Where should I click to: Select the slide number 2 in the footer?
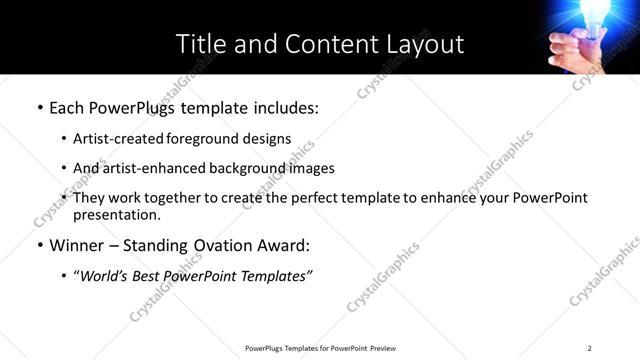click(x=590, y=348)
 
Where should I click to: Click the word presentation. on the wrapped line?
click(x=117, y=215)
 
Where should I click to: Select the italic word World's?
click(x=105, y=276)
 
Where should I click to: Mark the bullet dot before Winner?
click(x=40, y=246)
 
